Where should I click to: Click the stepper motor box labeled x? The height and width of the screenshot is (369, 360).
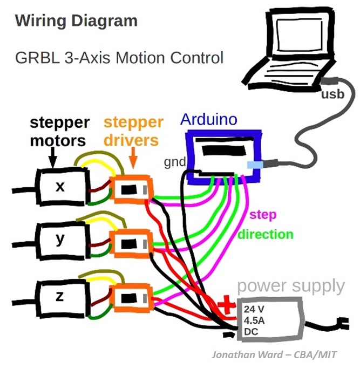61,187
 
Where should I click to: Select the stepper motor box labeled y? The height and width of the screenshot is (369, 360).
61,239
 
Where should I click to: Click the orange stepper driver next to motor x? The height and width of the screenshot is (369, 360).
131,190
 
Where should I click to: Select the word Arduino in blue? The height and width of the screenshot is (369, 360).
208,119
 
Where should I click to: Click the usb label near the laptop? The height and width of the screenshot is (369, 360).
332,95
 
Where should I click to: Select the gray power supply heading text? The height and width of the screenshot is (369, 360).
290,286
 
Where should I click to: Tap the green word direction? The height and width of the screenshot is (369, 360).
266,235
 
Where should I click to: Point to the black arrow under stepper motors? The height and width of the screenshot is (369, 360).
52,158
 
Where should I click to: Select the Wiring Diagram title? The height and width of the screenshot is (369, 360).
76,22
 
